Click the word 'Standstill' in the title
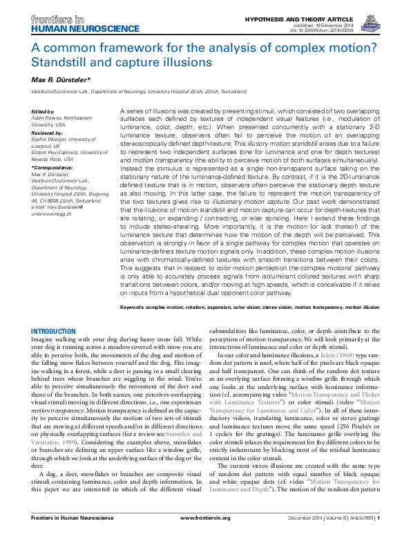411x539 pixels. coord(66,62)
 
